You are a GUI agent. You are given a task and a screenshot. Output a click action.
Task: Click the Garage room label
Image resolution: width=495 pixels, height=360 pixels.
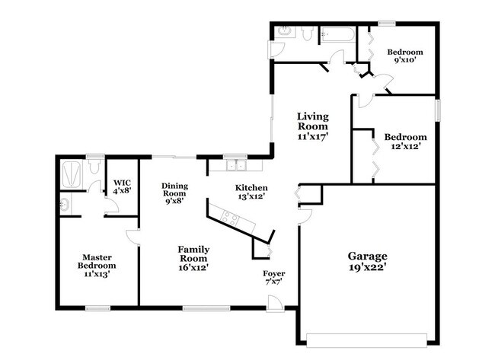click(368, 256)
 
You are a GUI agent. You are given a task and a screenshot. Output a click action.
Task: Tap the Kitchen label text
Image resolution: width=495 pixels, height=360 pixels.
click(251, 187)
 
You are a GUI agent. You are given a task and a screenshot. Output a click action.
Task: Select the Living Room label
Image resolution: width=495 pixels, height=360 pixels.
click(312, 122)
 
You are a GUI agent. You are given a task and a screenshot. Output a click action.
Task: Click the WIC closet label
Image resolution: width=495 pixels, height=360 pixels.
click(122, 183)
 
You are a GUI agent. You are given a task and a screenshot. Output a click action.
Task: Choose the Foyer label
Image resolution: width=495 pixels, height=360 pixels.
click(274, 273)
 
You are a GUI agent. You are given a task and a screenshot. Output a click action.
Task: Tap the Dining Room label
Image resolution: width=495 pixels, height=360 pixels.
click(174, 190)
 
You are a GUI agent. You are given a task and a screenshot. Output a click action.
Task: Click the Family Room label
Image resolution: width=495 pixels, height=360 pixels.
click(193, 253)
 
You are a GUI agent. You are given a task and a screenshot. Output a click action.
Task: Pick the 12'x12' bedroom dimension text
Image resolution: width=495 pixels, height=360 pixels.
click(406, 147)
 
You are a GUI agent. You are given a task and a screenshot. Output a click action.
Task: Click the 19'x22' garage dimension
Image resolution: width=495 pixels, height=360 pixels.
click(368, 268)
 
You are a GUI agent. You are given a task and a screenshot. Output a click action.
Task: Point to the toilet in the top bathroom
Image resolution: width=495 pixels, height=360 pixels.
click(307, 33)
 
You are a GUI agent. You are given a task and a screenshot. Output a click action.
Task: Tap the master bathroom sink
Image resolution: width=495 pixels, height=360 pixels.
click(64, 203)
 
